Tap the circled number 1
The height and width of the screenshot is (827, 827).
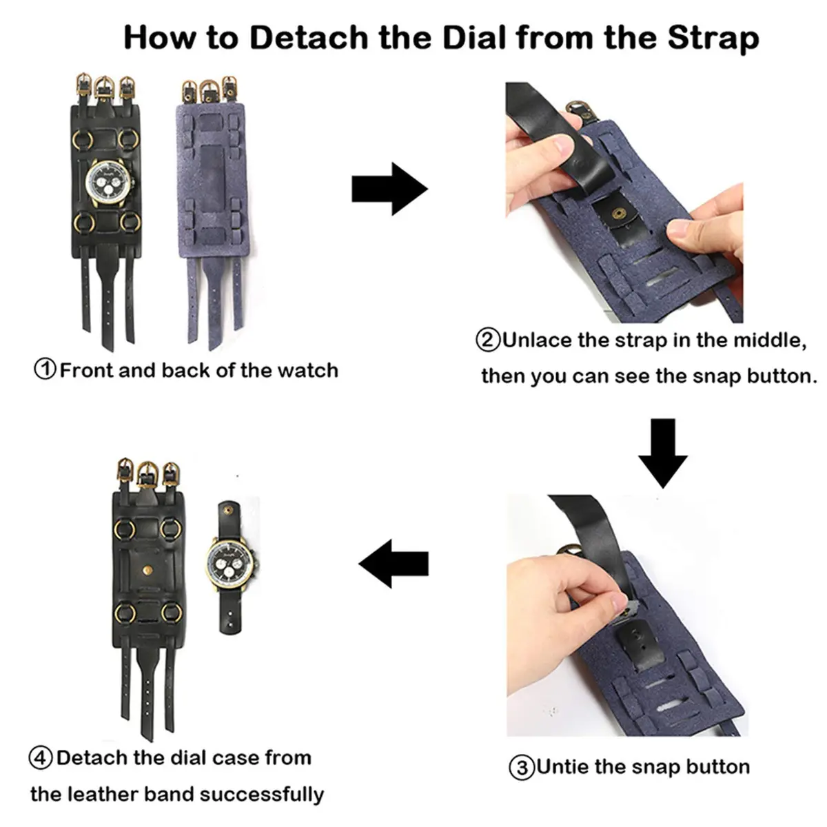45,369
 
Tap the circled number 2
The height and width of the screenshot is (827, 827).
488,340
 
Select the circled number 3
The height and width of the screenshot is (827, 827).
522,767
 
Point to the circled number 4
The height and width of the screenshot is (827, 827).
41,758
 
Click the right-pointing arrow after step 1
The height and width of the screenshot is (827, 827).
389,189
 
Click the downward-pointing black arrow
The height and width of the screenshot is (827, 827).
662,453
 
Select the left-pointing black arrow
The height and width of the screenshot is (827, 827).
393,564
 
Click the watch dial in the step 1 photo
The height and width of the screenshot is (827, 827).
109,183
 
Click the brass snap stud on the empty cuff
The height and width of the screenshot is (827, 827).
148,571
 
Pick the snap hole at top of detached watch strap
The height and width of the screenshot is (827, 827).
227,510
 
